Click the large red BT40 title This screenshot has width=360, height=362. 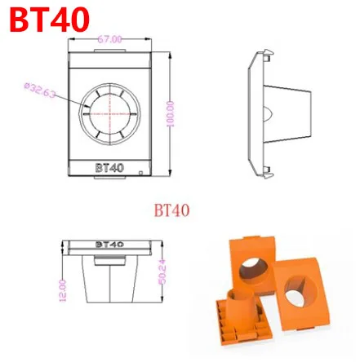[x=49, y=19]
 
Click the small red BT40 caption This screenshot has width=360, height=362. [x=172, y=210]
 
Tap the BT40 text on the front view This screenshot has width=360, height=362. [x=109, y=165]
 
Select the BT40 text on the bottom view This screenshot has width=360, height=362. [x=109, y=243]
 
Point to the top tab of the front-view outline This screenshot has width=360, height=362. [x=109, y=51]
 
